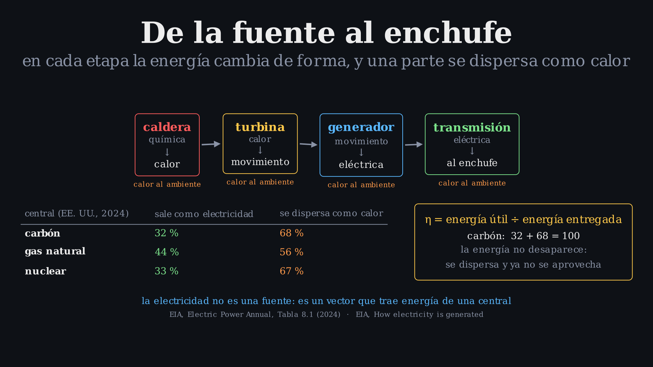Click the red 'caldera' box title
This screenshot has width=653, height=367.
pyautogui.click(x=167, y=127)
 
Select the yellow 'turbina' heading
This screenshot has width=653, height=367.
pyautogui.click(x=260, y=127)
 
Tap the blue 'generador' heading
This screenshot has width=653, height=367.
pyautogui.click(x=361, y=127)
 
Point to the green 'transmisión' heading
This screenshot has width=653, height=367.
pyautogui.click(x=472, y=127)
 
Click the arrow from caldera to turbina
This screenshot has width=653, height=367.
pyautogui.click(x=211, y=144)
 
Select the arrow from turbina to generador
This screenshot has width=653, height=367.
pyautogui.click(x=308, y=144)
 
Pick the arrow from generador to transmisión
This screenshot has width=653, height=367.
pyautogui.click(x=414, y=144)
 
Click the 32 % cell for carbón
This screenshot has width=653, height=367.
pyautogui.click(x=167, y=233)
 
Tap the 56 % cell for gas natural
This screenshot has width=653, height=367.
pyautogui.click(x=291, y=252)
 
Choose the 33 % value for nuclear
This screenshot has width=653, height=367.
pyautogui.click(x=167, y=271)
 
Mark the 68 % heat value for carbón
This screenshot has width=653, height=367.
pyautogui.click(x=291, y=233)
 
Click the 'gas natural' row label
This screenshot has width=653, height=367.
pyautogui.click(x=55, y=251)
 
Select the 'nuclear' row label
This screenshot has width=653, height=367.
pyautogui.click(x=46, y=271)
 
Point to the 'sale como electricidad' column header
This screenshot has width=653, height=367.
pyautogui.click(x=204, y=214)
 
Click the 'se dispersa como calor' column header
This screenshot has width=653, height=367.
pyautogui.click(x=332, y=213)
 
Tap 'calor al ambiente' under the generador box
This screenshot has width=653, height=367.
pyautogui.click(x=361, y=185)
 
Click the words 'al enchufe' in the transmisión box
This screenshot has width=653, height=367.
pyautogui.click(x=472, y=163)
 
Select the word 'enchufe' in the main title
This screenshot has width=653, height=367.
pyautogui.click(x=448, y=33)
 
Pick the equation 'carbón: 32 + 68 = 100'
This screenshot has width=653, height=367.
pyautogui.click(x=523, y=236)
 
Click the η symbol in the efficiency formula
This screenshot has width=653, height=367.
pyautogui.click(x=428, y=220)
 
